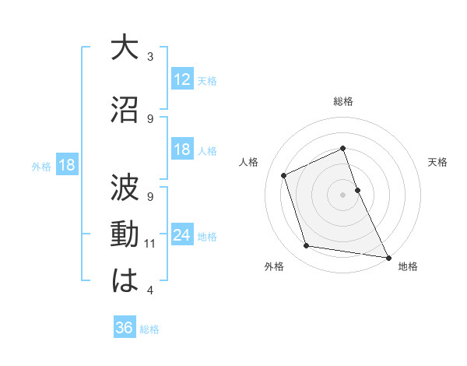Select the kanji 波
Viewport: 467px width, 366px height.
(x=125, y=188)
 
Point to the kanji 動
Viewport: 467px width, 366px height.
(x=125, y=234)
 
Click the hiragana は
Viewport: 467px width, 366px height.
(x=125, y=281)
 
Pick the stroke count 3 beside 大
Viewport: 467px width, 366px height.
(x=150, y=57)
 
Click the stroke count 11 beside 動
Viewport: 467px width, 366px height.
(x=150, y=244)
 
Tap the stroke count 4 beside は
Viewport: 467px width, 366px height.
(x=150, y=290)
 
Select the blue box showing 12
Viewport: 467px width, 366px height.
(x=182, y=79)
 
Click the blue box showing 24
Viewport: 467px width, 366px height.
(x=182, y=235)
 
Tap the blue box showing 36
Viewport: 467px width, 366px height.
(x=124, y=328)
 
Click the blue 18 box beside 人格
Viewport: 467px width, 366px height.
(x=182, y=150)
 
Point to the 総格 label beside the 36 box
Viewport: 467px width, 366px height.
(x=149, y=329)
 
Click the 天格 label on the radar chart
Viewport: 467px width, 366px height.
(x=437, y=162)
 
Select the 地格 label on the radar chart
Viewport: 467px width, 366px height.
(x=408, y=266)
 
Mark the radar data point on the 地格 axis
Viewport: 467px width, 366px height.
(x=388, y=256)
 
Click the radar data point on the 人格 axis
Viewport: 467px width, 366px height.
(x=284, y=175)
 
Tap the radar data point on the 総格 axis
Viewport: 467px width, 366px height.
(x=342, y=149)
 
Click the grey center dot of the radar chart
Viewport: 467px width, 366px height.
(x=342, y=194)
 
